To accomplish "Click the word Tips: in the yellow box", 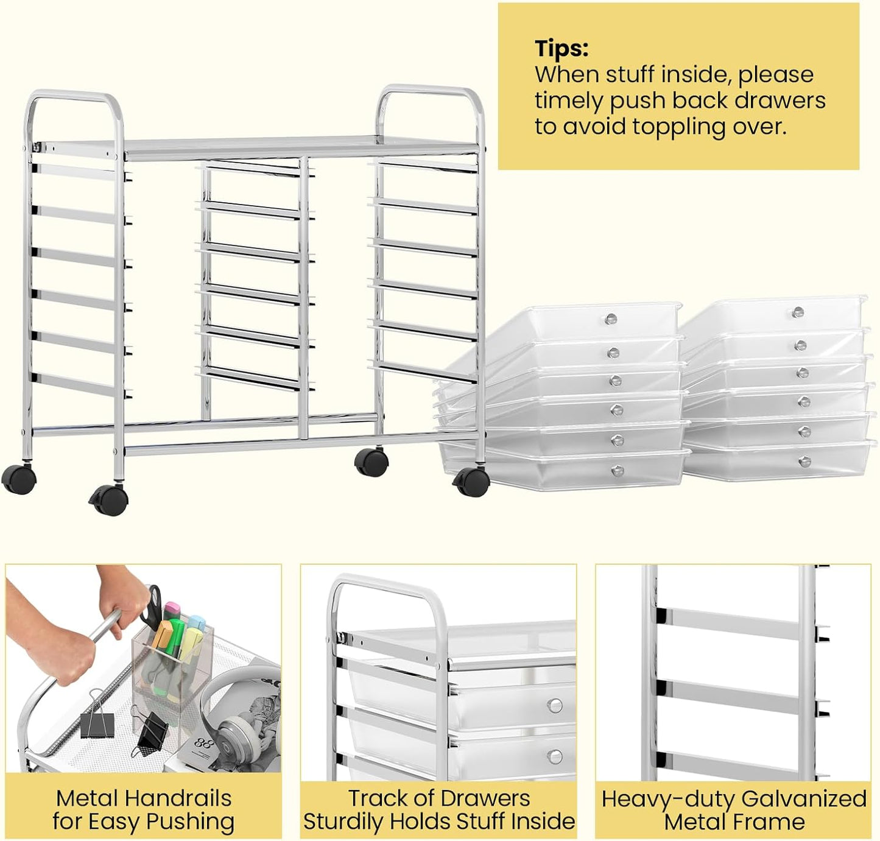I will click(x=561, y=48).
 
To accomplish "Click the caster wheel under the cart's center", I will click(x=371, y=462).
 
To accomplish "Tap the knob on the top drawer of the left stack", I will click(x=611, y=318).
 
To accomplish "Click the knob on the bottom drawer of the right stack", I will click(x=804, y=461).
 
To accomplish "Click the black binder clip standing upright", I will click(x=97, y=716).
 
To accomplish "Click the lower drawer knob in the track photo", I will click(x=555, y=757).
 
